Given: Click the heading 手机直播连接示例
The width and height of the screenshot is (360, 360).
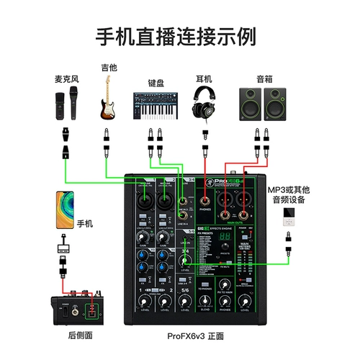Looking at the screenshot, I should pos(180,35).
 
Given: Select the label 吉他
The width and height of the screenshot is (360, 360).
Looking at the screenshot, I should pos(109,68).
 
